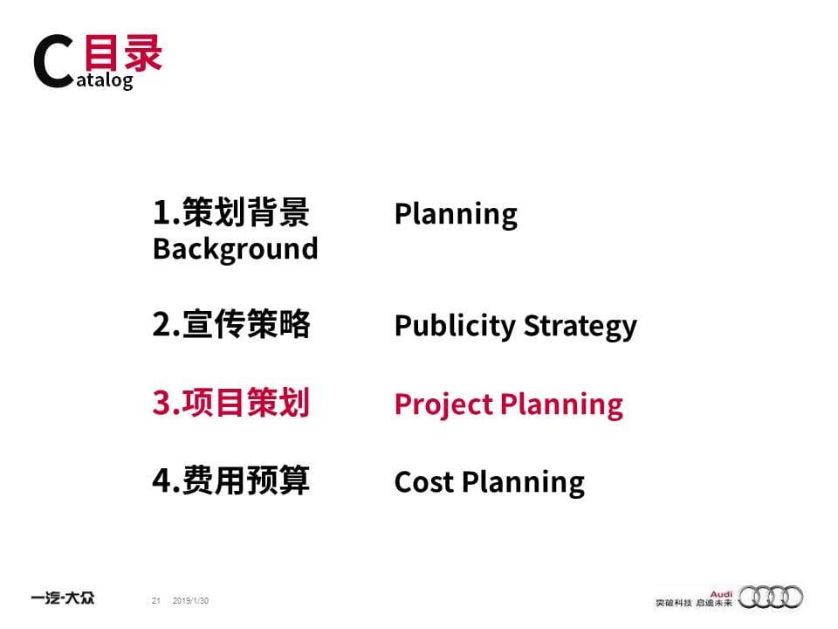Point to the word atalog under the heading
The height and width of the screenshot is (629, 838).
pyautogui.click(x=105, y=80)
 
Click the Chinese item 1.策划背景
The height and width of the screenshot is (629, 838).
pyautogui.click(x=230, y=211)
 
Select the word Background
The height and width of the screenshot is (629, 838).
pyautogui.click(x=235, y=249)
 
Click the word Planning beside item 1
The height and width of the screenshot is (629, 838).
pyautogui.click(x=456, y=215)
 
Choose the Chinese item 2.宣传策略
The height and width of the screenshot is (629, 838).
pyautogui.click(x=230, y=323)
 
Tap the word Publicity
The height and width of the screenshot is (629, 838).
pyautogui.click(x=455, y=326)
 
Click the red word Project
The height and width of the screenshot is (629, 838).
pyautogui.click(x=443, y=404)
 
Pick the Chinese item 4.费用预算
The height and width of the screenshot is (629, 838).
pyautogui.click(x=230, y=480)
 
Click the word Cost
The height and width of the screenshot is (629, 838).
pyautogui.click(x=424, y=482)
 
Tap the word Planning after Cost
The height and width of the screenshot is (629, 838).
pyautogui.click(x=523, y=483)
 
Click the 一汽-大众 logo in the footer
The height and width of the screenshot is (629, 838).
pyautogui.click(x=63, y=598)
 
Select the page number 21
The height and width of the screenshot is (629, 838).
pyautogui.click(x=156, y=601)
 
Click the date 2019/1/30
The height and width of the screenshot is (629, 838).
pyautogui.click(x=190, y=601)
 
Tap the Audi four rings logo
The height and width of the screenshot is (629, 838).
pyautogui.click(x=771, y=597)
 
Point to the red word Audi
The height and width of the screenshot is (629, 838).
pyautogui.click(x=721, y=594)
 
